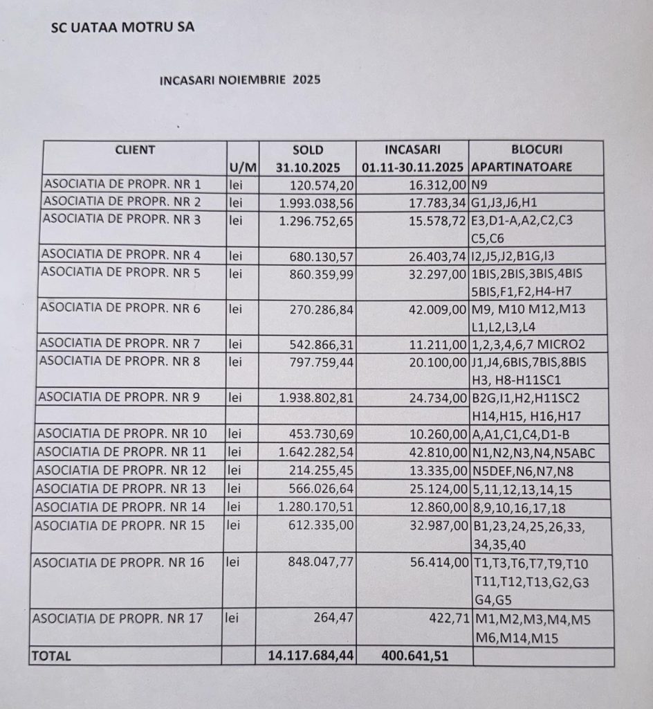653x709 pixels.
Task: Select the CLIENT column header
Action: (135, 150)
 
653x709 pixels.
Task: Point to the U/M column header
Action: (243, 167)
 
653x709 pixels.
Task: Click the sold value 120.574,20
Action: (322, 184)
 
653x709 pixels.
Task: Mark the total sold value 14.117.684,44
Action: (311, 656)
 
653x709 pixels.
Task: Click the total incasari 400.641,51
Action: (414, 656)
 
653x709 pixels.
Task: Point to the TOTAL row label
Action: (50, 656)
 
